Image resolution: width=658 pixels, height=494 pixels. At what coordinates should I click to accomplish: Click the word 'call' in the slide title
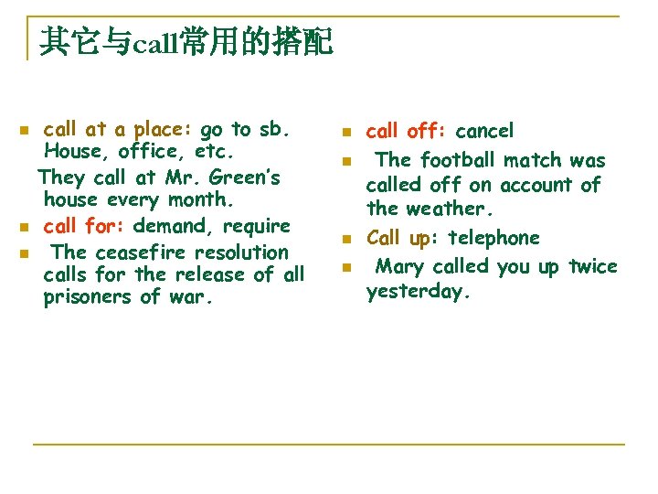(156, 42)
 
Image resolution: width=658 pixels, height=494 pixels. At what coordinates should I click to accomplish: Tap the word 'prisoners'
(88, 296)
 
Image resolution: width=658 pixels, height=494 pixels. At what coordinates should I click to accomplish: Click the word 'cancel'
(484, 131)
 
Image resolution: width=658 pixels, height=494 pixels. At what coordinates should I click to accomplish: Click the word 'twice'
(592, 266)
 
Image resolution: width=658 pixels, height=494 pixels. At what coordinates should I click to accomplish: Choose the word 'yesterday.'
(416, 291)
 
